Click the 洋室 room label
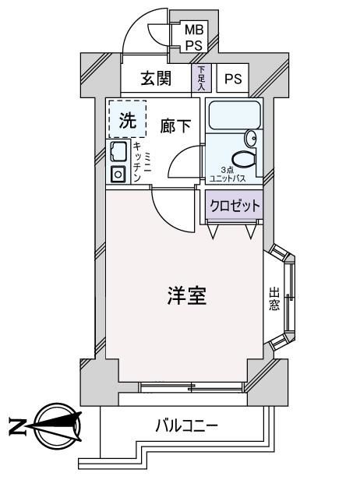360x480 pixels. point(187,296)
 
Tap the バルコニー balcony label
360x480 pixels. point(187,425)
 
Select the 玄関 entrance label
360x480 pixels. point(156,79)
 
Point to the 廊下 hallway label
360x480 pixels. point(175,126)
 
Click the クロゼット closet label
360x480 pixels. point(235,206)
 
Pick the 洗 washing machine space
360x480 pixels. point(127,119)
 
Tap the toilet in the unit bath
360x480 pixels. point(244,159)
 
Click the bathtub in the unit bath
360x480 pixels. point(235,115)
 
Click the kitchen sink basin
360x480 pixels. point(118,151)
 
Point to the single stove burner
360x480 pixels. point(118,175)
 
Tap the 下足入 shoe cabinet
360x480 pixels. point(201,78)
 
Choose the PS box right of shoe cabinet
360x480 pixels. point(233,78)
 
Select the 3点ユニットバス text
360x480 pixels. point(228,175)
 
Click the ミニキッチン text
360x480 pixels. point(142,163)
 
